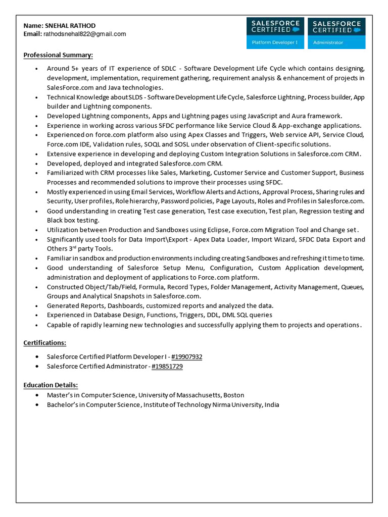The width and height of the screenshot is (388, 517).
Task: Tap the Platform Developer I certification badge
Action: (x=275, y=33)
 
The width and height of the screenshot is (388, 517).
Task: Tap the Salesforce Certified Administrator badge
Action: (x=336, y=33)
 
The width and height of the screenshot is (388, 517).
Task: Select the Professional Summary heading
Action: (x=58, y=55)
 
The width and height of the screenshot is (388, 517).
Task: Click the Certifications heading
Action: (x=45, y=343)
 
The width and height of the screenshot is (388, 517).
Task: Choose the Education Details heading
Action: (x=51, y=385)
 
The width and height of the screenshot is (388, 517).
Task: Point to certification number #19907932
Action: (x=186, y=356)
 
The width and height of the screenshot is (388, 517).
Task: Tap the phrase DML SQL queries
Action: (x=247, y=315)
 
